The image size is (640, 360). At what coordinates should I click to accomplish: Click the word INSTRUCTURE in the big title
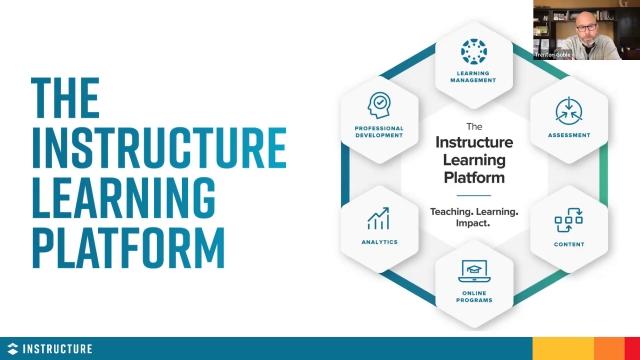point(159,147)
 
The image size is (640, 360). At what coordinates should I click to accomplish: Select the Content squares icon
point(568,219)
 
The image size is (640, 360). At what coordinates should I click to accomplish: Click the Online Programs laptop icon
point(473,269)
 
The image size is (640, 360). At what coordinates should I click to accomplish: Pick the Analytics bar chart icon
point(379,218)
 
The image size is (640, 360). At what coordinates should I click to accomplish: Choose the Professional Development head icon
point(379,105)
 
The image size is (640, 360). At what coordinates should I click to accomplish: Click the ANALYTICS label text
point(380,242)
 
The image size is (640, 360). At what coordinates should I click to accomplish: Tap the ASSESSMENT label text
point(569,134)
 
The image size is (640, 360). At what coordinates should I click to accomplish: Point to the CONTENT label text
point(569,242)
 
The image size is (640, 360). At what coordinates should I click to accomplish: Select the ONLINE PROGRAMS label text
point(474,294)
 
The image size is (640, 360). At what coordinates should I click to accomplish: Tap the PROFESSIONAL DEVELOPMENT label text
point(379,131)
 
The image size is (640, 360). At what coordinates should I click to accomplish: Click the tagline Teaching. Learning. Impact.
point(474,218)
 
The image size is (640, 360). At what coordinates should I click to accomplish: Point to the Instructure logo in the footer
point(49,348)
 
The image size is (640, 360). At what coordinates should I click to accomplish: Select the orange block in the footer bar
point(608,348)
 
